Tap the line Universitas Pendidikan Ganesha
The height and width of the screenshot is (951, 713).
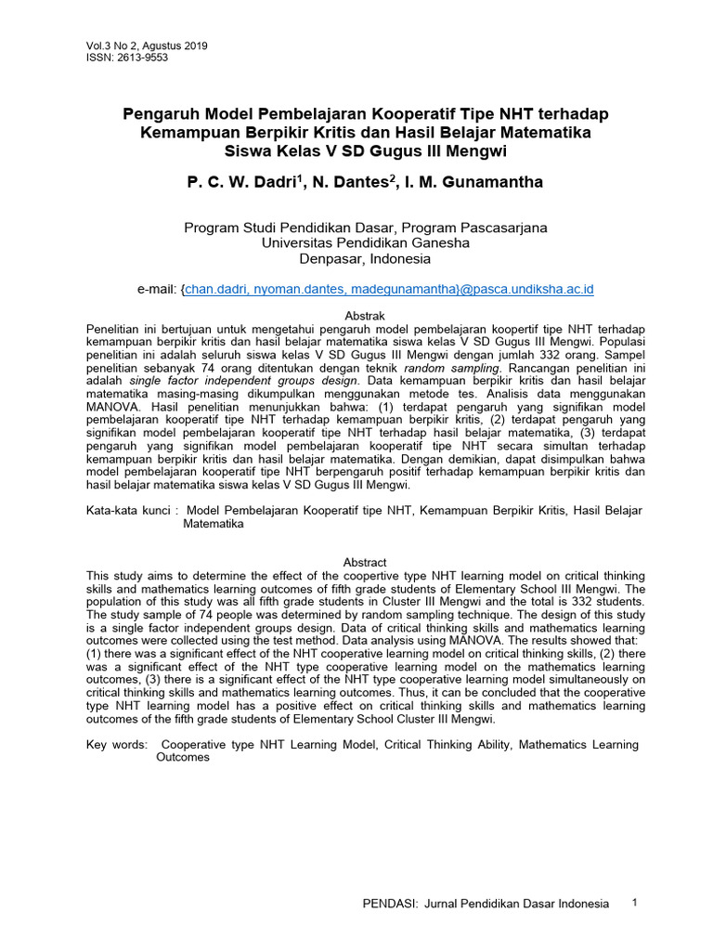point(365,242)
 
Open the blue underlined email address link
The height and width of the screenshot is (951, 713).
point(388,290)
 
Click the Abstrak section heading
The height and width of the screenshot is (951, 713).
point(364,317)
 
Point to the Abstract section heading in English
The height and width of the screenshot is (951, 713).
point(364,563)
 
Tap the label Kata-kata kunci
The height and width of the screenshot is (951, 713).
point(131,511)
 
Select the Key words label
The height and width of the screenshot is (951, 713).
point(116,745)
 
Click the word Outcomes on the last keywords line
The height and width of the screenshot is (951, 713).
point(183,758)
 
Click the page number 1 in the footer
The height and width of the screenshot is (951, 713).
point(634,902)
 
